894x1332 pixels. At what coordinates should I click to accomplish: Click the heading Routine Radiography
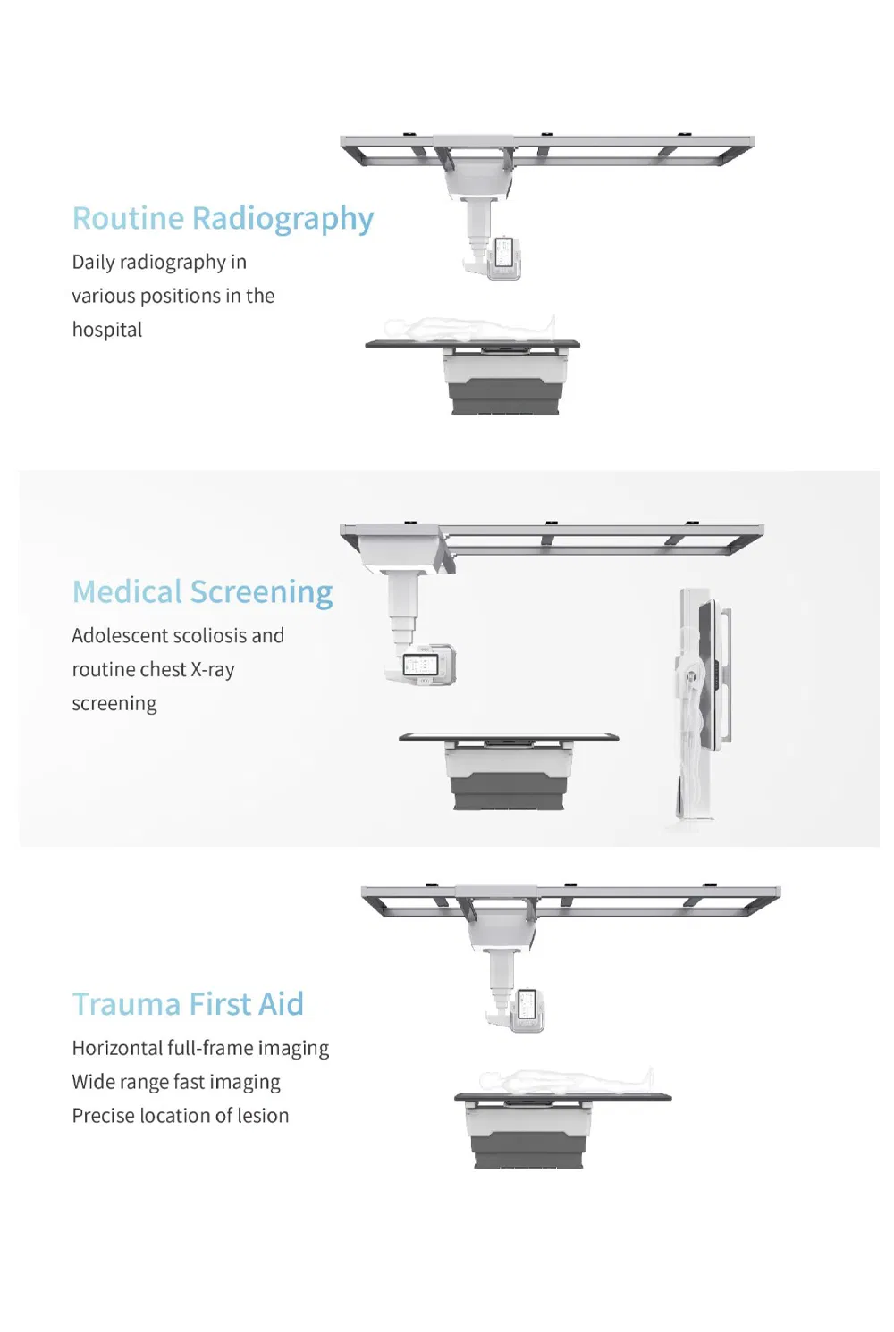(x=223, y=219)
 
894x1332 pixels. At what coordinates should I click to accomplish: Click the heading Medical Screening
(x=202, y=592)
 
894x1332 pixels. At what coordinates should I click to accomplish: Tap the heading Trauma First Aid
(x=188, y=1004)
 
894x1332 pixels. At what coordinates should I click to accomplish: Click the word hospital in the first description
(x=107, y=330)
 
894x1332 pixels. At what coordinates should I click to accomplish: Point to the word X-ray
(x=212, y=669)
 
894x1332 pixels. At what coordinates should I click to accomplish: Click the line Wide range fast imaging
(x=176, y=1082)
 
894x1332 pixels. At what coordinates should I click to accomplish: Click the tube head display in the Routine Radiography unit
(x=503, y=253)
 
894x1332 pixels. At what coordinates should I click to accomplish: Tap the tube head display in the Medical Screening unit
(x=417, y=664)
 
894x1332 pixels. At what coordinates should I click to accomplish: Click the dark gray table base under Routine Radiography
(x=507, y=396)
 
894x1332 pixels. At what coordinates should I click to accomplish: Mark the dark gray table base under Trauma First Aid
(x=528, y=1149)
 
